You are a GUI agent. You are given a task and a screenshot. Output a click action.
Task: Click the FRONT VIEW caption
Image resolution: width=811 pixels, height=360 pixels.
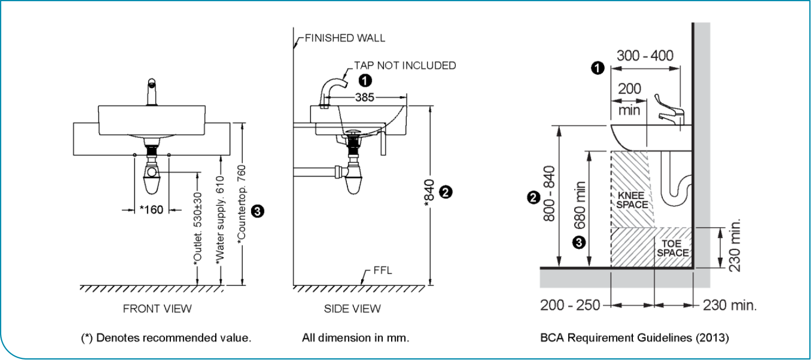point(157,309)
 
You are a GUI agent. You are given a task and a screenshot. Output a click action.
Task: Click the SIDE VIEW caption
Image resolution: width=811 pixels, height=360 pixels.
point(352,309)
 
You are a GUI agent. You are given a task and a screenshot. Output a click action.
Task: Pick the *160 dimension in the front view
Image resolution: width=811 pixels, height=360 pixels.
point(151,210)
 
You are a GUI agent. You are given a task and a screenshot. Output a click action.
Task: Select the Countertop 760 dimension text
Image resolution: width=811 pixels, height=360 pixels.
point(242,204)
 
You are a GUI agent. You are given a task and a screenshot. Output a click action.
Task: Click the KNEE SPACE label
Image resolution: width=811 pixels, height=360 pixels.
point(632,200)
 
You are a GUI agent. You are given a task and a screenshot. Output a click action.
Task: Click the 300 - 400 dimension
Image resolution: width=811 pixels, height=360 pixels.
point(645,56)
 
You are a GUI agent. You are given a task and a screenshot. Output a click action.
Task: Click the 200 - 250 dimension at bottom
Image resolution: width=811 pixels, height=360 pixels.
point(570,305)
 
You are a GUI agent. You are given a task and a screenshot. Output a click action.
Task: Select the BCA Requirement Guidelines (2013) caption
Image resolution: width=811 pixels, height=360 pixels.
point(634,337)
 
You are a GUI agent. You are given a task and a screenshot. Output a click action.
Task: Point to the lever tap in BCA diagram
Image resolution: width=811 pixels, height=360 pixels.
point(669,108)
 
